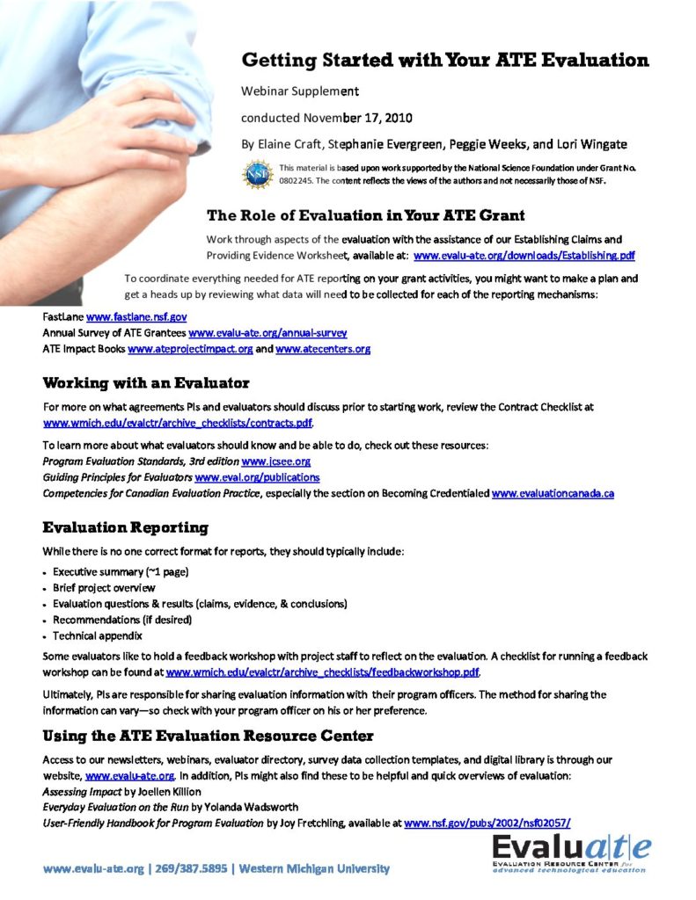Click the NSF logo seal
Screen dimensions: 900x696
tap(258, 172)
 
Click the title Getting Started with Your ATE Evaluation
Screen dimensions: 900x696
tap(445, 61)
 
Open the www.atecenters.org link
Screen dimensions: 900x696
tap(323, 349)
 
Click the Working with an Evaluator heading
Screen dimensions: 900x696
tap(146, 383)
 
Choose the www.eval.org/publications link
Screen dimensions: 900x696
tap(257, 477)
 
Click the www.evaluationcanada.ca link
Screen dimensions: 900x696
tap(553, 494)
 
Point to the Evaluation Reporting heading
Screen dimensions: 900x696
tap(126, 528)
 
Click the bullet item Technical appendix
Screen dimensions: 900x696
tap(97, 635)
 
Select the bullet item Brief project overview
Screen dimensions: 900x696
tap(104, 587)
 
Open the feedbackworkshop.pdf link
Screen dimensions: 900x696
tap(323, 673)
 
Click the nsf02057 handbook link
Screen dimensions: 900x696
tap(487, 824)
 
